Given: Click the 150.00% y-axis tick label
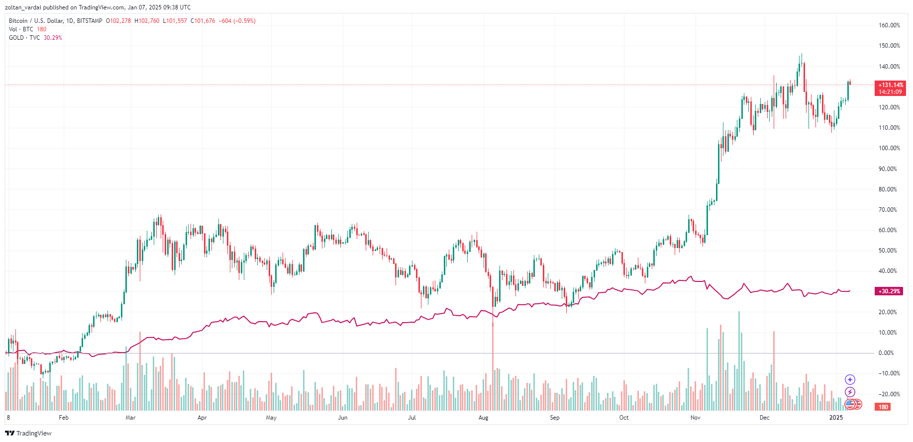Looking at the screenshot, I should pos(889,46).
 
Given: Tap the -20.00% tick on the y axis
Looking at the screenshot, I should pos(889,394).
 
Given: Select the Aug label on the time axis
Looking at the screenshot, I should pos(483,418).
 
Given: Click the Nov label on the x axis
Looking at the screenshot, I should pos(695,418).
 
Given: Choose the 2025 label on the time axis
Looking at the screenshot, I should pos(836,418).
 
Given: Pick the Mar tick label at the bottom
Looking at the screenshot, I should pos(130,418).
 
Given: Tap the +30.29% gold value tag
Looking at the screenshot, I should pos(889,291).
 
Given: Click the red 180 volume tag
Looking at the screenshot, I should pos(883,407).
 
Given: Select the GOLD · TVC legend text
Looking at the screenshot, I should pos(24,38).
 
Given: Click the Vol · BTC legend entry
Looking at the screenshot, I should pos(21,29).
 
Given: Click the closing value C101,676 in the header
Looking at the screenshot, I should pos(203,21).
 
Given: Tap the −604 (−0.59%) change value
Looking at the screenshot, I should pos(237,21).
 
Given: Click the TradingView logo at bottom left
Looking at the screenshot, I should pos(28,433).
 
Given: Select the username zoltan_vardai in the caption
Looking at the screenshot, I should pos(23,7).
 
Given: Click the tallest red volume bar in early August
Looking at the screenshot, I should pos(493,368).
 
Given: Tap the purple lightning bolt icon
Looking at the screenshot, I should pos(850,392).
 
